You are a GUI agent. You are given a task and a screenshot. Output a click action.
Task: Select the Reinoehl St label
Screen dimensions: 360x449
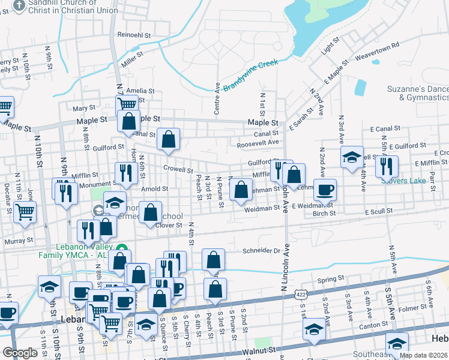[x=134, y=35]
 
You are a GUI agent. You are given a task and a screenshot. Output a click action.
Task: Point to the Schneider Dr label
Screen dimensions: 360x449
[x=262, y=251]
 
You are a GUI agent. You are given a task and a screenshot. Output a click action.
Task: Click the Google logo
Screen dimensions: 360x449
[x=19, y=353]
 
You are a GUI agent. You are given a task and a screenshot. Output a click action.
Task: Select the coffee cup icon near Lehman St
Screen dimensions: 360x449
[x=325, y=190]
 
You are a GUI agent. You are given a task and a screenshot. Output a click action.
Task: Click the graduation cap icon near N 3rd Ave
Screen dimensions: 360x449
[x=352, y=157]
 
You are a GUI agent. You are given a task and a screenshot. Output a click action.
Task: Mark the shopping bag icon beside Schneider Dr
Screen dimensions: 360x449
[x=213, y=260]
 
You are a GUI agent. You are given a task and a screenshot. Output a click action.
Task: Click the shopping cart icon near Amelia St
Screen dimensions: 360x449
[x=127, y=104]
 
